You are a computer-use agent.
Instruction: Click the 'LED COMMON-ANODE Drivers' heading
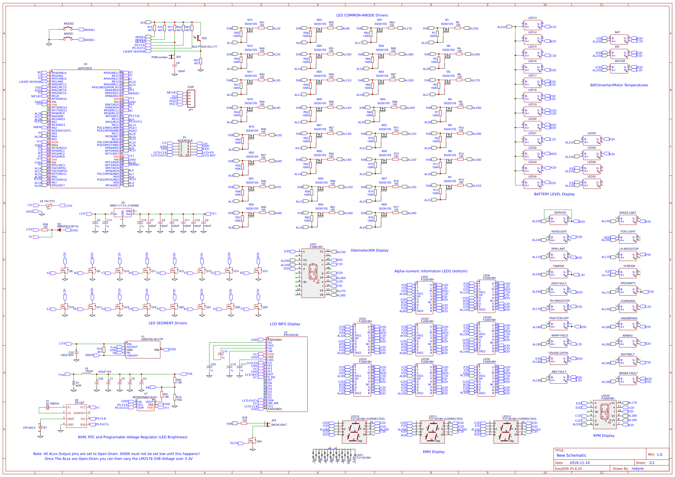[362, 15]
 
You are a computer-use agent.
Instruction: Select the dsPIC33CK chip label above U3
[85, 68]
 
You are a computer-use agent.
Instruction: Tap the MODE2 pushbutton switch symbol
[68, 29]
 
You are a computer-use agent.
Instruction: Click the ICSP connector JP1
[191, 98]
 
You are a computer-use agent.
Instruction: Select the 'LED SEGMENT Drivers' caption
[167, 323]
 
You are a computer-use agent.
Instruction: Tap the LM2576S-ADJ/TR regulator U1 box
[143, 350]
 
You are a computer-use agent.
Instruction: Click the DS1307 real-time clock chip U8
[77, 416]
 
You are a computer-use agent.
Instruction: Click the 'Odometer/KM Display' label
[370, 250]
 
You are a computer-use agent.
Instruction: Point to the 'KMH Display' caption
[434, 452]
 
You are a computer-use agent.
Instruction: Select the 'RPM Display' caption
[604, 435]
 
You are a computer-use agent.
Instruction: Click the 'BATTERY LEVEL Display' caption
[554, 194]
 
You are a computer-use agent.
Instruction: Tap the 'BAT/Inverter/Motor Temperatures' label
[619, 85]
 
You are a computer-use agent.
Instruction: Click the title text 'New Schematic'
[571, 455]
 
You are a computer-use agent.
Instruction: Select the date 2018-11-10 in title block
[579, 463]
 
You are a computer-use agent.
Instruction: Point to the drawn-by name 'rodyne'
[637, 468]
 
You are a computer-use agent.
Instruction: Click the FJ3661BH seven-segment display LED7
[313, 273]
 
